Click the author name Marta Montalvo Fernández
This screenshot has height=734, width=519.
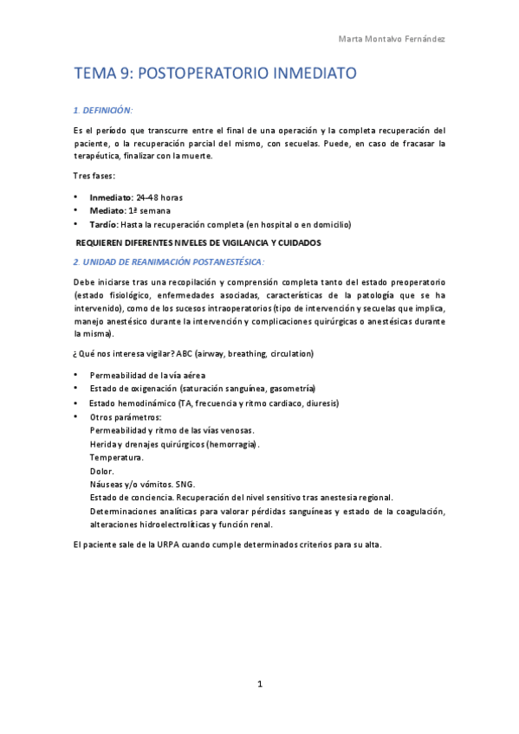[x=392, y=40]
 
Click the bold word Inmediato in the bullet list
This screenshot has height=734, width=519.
[x=112, y=197]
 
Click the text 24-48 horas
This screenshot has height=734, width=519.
[x=159, y=197]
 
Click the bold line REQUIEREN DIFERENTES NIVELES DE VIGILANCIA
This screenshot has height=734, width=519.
[x=199, y=242]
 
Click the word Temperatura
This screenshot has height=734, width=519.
[x=117, y=456]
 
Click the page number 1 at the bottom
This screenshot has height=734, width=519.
[x=260, y=684]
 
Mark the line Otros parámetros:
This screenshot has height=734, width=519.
[x=125, y=416]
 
